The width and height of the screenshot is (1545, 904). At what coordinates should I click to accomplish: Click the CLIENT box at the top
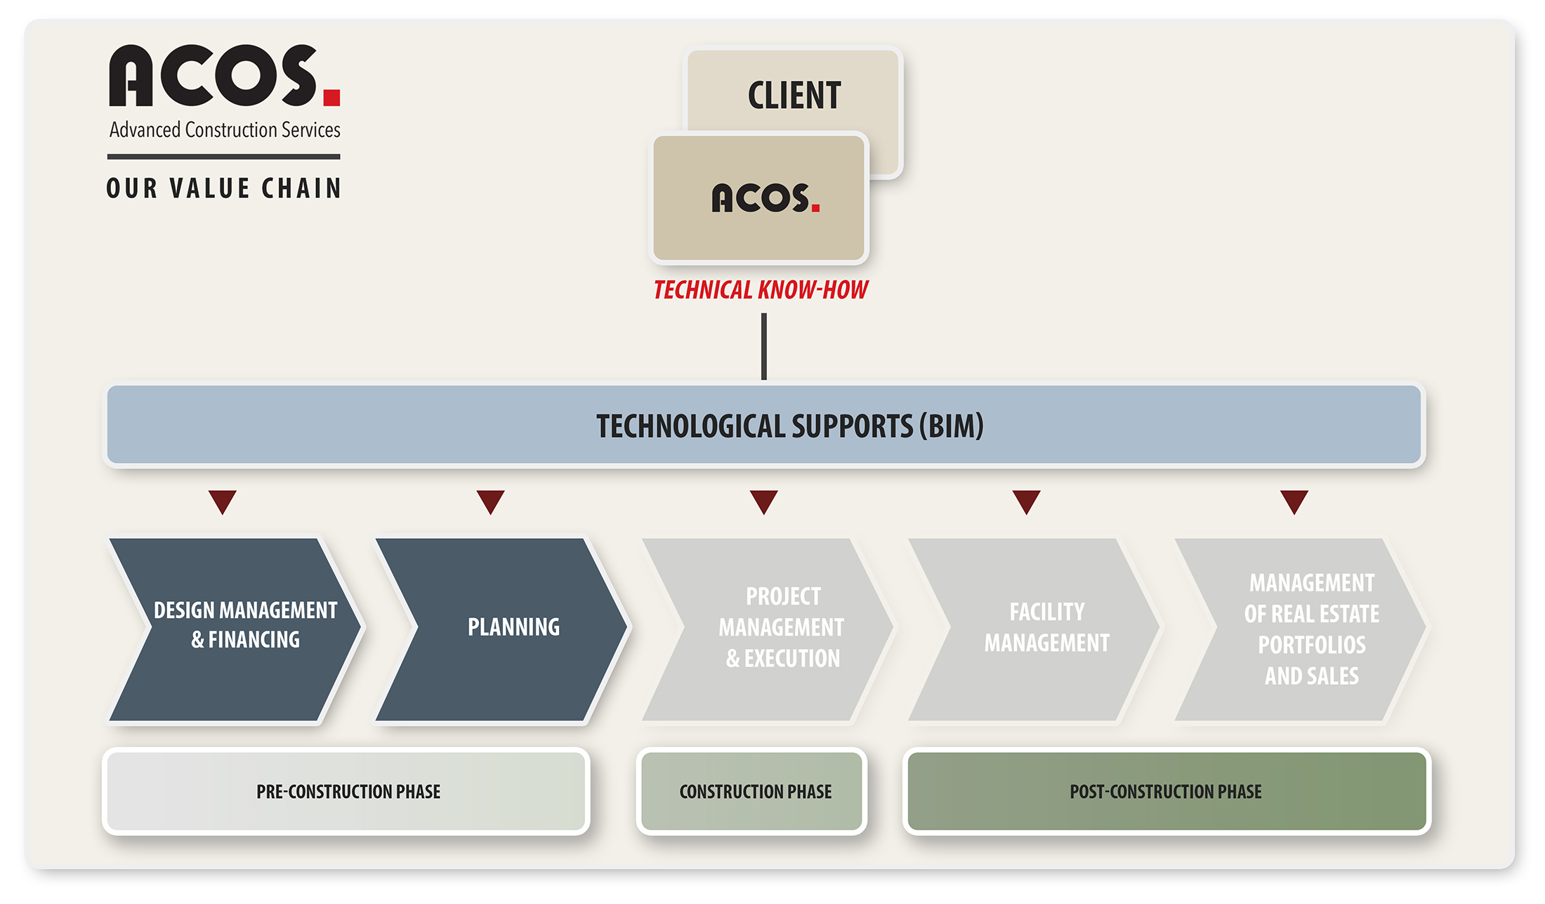(x=794, y=91)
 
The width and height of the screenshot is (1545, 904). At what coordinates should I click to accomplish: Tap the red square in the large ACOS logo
(x=332, y=97)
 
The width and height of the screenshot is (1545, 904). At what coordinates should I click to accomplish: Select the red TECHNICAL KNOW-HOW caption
(x=761, y=289)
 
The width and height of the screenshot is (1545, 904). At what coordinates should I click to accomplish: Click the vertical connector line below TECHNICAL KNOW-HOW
(x=764, y=346)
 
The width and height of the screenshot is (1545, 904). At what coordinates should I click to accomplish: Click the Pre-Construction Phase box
(x=346, y=792)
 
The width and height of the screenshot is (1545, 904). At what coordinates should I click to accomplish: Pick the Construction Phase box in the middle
(x=752, y=792)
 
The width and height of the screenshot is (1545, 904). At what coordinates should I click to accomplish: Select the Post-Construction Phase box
(x=1167, y=792)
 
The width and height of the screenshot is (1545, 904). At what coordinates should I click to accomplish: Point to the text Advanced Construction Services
(x=225, y=130)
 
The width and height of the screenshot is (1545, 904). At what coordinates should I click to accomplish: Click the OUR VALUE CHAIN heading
(x=224, y=188)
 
